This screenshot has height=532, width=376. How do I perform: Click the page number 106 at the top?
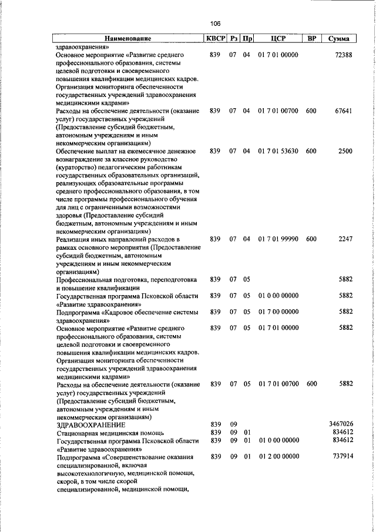(x=215, y=24)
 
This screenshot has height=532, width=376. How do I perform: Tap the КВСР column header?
(x=214, y=38)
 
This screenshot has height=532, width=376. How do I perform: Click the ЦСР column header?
(x=278, y=39)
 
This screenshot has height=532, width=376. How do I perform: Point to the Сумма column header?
(x=339, y=39)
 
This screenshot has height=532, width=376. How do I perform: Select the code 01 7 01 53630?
(x=278, y=151)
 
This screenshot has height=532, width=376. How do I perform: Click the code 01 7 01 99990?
(x=278, y=239)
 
